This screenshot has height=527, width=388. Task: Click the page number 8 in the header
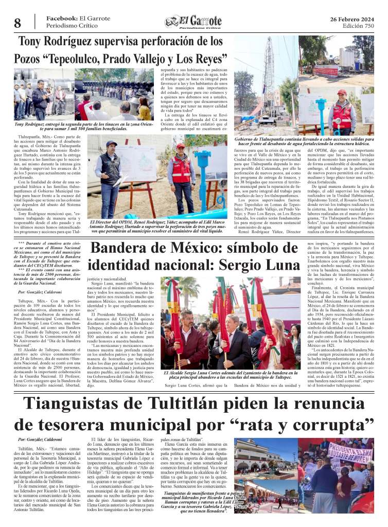(x=17, y=23)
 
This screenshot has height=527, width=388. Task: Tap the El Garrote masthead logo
(x=193, y=22)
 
